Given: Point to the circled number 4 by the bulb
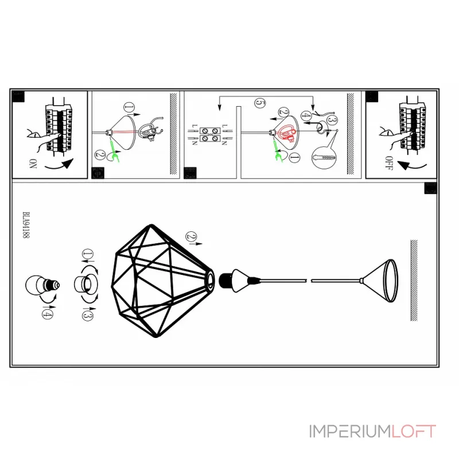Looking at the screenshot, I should coord(47,313).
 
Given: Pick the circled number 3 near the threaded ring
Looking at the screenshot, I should coord(87,313).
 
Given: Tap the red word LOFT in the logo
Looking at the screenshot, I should coord(413,431).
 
